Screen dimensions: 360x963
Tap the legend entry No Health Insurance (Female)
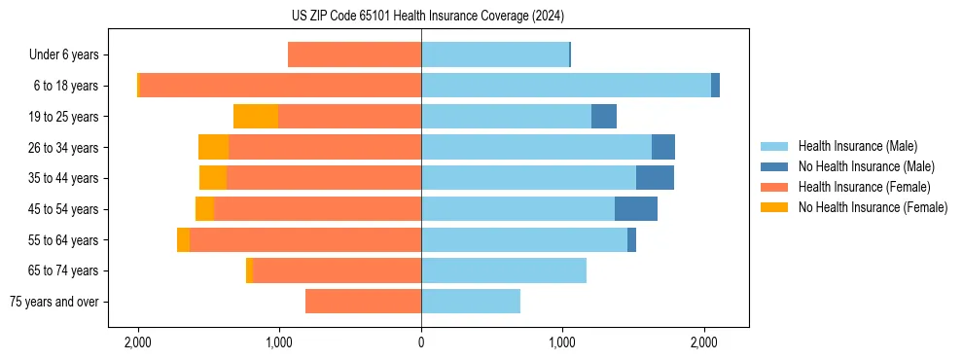click(873, 207)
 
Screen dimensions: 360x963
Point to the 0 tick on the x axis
click(421, 342)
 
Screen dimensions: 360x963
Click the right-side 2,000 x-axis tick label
click(704, 342)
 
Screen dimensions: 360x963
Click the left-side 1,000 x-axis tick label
click(279, 342)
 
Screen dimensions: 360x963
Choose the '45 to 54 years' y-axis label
click(64, 209)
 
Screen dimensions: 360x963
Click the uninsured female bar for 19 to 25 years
click(256, 117)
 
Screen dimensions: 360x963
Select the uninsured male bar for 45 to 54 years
click(636, 209)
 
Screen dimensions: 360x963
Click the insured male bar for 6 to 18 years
click(566, 86)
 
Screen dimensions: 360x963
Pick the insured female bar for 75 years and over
click(363, 302)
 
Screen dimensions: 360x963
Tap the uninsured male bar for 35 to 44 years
click(655, 178)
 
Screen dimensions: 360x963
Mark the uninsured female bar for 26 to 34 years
click(213, 147)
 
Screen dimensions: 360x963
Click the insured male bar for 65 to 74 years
click(504, 270)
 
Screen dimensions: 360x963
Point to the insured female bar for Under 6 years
click(354, 55)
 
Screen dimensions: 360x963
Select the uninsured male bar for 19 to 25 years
click(604, 117)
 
